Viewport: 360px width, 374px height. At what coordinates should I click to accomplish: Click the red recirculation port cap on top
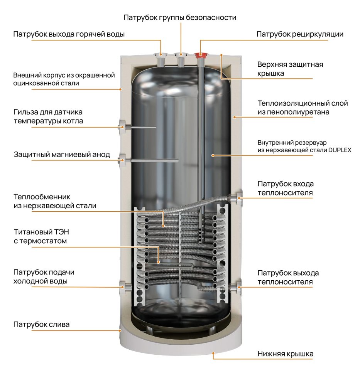click(201, 55)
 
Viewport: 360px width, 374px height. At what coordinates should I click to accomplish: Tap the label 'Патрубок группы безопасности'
click(179, 18)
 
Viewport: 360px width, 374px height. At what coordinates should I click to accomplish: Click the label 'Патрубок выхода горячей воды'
click(69, 34)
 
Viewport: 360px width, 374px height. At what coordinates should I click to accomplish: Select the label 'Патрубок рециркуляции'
click(300, 34)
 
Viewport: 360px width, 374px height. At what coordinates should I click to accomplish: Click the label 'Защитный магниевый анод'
click(62, 155)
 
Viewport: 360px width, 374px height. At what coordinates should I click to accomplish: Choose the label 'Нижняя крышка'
click(285, 354)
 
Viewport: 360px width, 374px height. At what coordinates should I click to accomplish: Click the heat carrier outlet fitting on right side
click(236, 287)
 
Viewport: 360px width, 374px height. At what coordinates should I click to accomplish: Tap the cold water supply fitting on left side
click(125, 286)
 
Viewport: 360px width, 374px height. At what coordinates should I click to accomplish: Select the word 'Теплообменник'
click(42, 197)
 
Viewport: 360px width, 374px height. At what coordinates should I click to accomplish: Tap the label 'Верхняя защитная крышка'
click(290, 69)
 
